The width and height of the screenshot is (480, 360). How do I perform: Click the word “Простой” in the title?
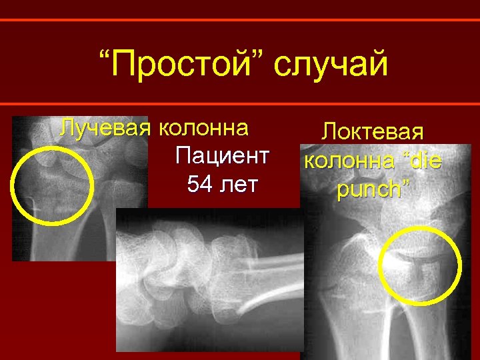coord(178,65)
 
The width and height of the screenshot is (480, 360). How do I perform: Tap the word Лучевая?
coord(104,127)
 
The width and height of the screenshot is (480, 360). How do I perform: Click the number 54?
coord(201,184)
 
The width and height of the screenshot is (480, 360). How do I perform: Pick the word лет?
coord(239,184)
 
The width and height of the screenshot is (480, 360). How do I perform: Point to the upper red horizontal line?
coord(240,20)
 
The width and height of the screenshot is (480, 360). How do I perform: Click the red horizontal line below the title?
coord(240,103)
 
